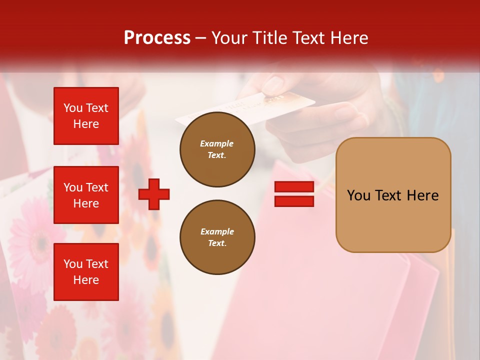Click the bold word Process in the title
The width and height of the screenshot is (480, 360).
pyautogui.click(x=157, y=38)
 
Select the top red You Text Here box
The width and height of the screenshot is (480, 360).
pyautogui.click(x=86, y=116)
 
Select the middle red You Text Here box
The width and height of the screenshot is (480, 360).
pyautogui.click(x=86, y=195)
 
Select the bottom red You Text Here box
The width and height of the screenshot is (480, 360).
pyautogui.click(x=86, y=271)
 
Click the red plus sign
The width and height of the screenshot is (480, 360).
pyautogui.click(x=154, y=194)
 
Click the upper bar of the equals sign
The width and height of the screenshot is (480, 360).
pyautogui.click(x=294, y=186)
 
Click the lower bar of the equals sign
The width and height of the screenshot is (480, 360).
pyautogui.click(x=294, y=201)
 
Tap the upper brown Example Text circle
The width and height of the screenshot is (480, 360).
pyautogui.click(x=217, y=149)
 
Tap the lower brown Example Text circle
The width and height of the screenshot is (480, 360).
pyautogui.click(x=217, y=237)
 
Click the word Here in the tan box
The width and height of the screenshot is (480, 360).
pyautogui.click(x=422, y=195)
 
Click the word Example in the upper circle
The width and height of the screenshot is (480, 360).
pyautogui.click(x=216, y=143)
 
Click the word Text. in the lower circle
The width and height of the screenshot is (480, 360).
pyautogui.click(x=216, y=243)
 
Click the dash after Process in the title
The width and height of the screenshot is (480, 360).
pyautogui.click(x=201, y=38)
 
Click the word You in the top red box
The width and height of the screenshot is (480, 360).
pyautogui.click(x=73, y=108)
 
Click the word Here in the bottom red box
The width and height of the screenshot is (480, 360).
pyautogui.click(x=86, y=280)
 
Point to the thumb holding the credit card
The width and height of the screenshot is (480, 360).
pyautogui.click(x=272, y=85)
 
